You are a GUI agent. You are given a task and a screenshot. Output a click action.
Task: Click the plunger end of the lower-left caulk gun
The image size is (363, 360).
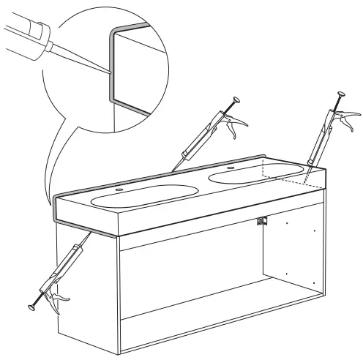(x=34, y=306)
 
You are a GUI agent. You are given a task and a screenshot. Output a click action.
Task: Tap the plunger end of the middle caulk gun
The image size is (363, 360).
(x=236, y=99)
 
